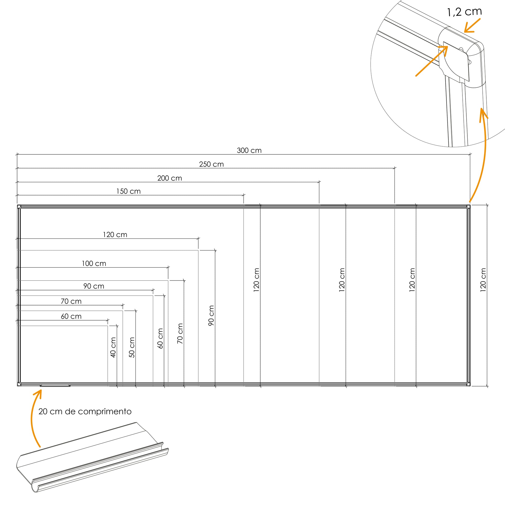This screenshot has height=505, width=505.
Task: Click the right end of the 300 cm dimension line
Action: tap(470, 154)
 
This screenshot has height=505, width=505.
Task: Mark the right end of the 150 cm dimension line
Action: tap(244, 195)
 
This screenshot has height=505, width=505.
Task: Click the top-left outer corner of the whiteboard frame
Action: tap(17, 205)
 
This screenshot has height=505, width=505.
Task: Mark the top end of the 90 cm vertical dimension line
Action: tap(215, 250)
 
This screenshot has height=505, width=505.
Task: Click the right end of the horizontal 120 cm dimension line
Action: tap(198, 238)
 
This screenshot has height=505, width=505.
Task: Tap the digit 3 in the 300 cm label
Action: tap(239, 151)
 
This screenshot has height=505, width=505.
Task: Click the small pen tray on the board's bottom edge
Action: tap(55, 385)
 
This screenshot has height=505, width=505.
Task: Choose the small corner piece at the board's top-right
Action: tap(468, 207)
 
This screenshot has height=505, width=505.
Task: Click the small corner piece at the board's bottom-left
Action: tap(19, 384)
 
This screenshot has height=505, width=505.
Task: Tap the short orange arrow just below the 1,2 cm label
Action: tap(472, 25)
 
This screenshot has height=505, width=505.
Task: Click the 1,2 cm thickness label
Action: tap(465, 11)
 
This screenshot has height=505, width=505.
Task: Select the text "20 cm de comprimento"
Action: tap(85, 411)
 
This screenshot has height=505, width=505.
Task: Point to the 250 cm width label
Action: tap(211, 164)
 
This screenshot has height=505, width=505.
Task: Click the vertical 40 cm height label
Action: tap(113, 347)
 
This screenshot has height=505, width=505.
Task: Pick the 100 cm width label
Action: tap(94, 263)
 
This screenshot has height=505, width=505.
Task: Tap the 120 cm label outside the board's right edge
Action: tap(483, 280)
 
